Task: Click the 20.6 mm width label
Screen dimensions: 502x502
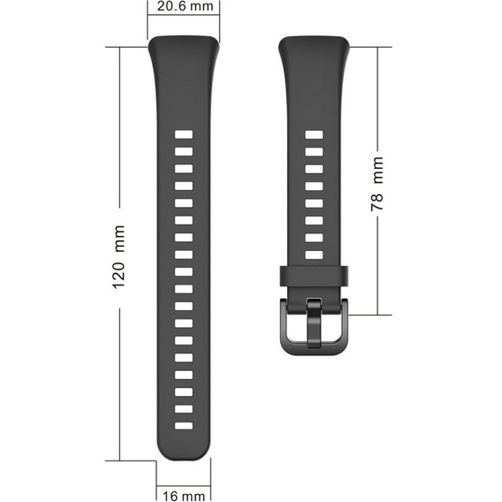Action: [183, 8]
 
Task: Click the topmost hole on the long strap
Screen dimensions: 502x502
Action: [183, 135]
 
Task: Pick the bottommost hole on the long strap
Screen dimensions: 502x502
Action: [183, 426]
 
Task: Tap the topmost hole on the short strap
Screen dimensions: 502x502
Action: [314, 135]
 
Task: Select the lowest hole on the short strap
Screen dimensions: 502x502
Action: [314, 255]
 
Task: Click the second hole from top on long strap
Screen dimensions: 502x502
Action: [183, 152]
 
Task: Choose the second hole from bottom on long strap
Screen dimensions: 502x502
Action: [183, 408]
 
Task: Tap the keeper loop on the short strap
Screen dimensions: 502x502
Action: [315, 275]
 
